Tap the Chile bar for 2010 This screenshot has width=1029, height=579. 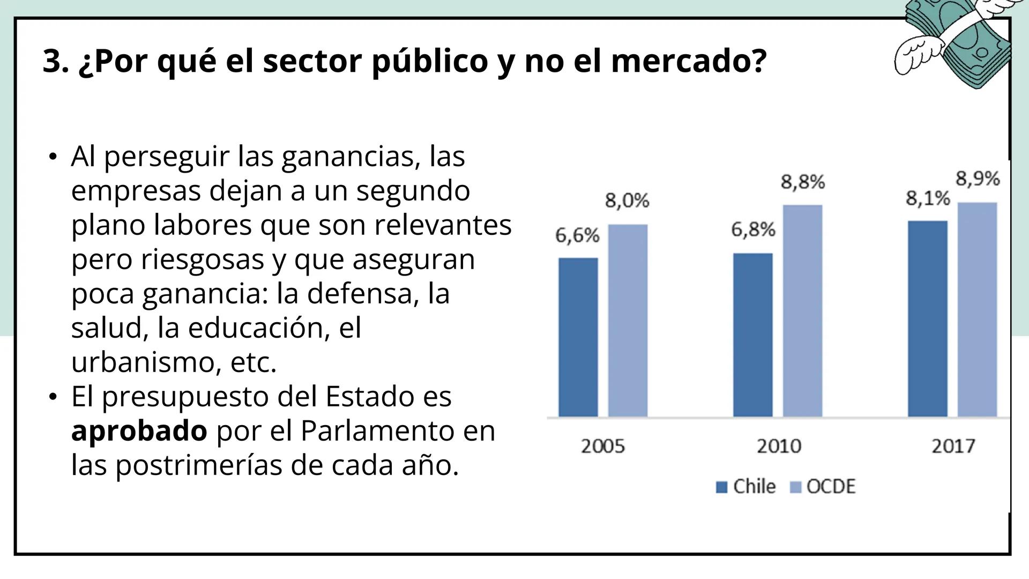[x=752, y=335]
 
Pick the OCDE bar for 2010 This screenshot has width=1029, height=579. [x=802, y=310]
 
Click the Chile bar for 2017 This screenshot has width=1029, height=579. [x=927, y=318]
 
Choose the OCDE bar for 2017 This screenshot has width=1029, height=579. [x=977, y=309]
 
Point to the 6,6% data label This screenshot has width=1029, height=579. [x=577, y=235]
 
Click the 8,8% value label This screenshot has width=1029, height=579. [x=802, y=182]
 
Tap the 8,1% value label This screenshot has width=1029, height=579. [x=928, y=198]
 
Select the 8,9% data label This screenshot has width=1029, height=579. [x=978, y=179]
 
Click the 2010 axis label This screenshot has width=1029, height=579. [x=778, y=446]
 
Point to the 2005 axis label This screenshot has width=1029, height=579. [x=603, y=446]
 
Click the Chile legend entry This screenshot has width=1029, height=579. [x=746, y=487]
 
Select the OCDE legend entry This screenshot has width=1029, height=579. [x=823, y=487]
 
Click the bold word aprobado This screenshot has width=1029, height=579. [x=139, y=430]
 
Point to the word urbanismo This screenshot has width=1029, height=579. [x=146, y=362]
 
